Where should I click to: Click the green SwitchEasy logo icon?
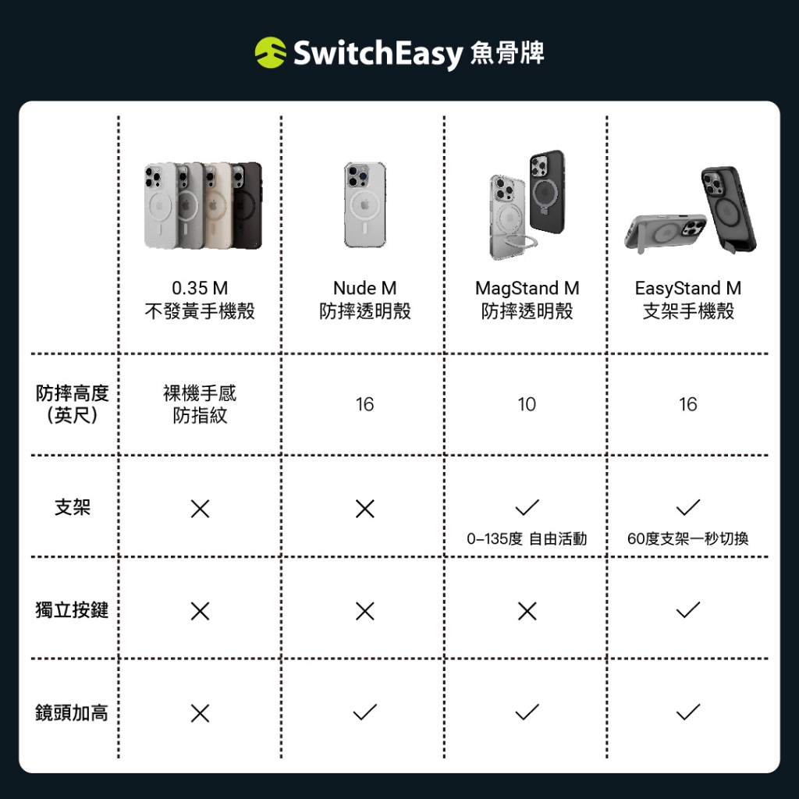270,52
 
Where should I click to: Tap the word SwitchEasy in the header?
378,54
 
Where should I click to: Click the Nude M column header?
365,300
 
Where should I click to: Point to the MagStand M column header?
527,300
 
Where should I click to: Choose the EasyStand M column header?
688,300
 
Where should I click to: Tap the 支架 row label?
73,507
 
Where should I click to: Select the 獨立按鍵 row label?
72,609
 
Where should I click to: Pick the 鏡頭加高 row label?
72,712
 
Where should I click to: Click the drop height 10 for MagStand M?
527,405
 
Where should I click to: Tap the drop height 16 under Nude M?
365,405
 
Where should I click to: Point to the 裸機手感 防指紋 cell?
200,404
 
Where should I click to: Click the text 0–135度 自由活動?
527,538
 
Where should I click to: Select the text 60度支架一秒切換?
688,538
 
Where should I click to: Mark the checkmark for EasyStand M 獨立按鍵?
688,610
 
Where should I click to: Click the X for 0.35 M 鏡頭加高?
200,713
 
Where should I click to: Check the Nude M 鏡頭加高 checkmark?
365,712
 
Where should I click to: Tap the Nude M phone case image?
365,205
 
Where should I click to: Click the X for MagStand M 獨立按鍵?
527,611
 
